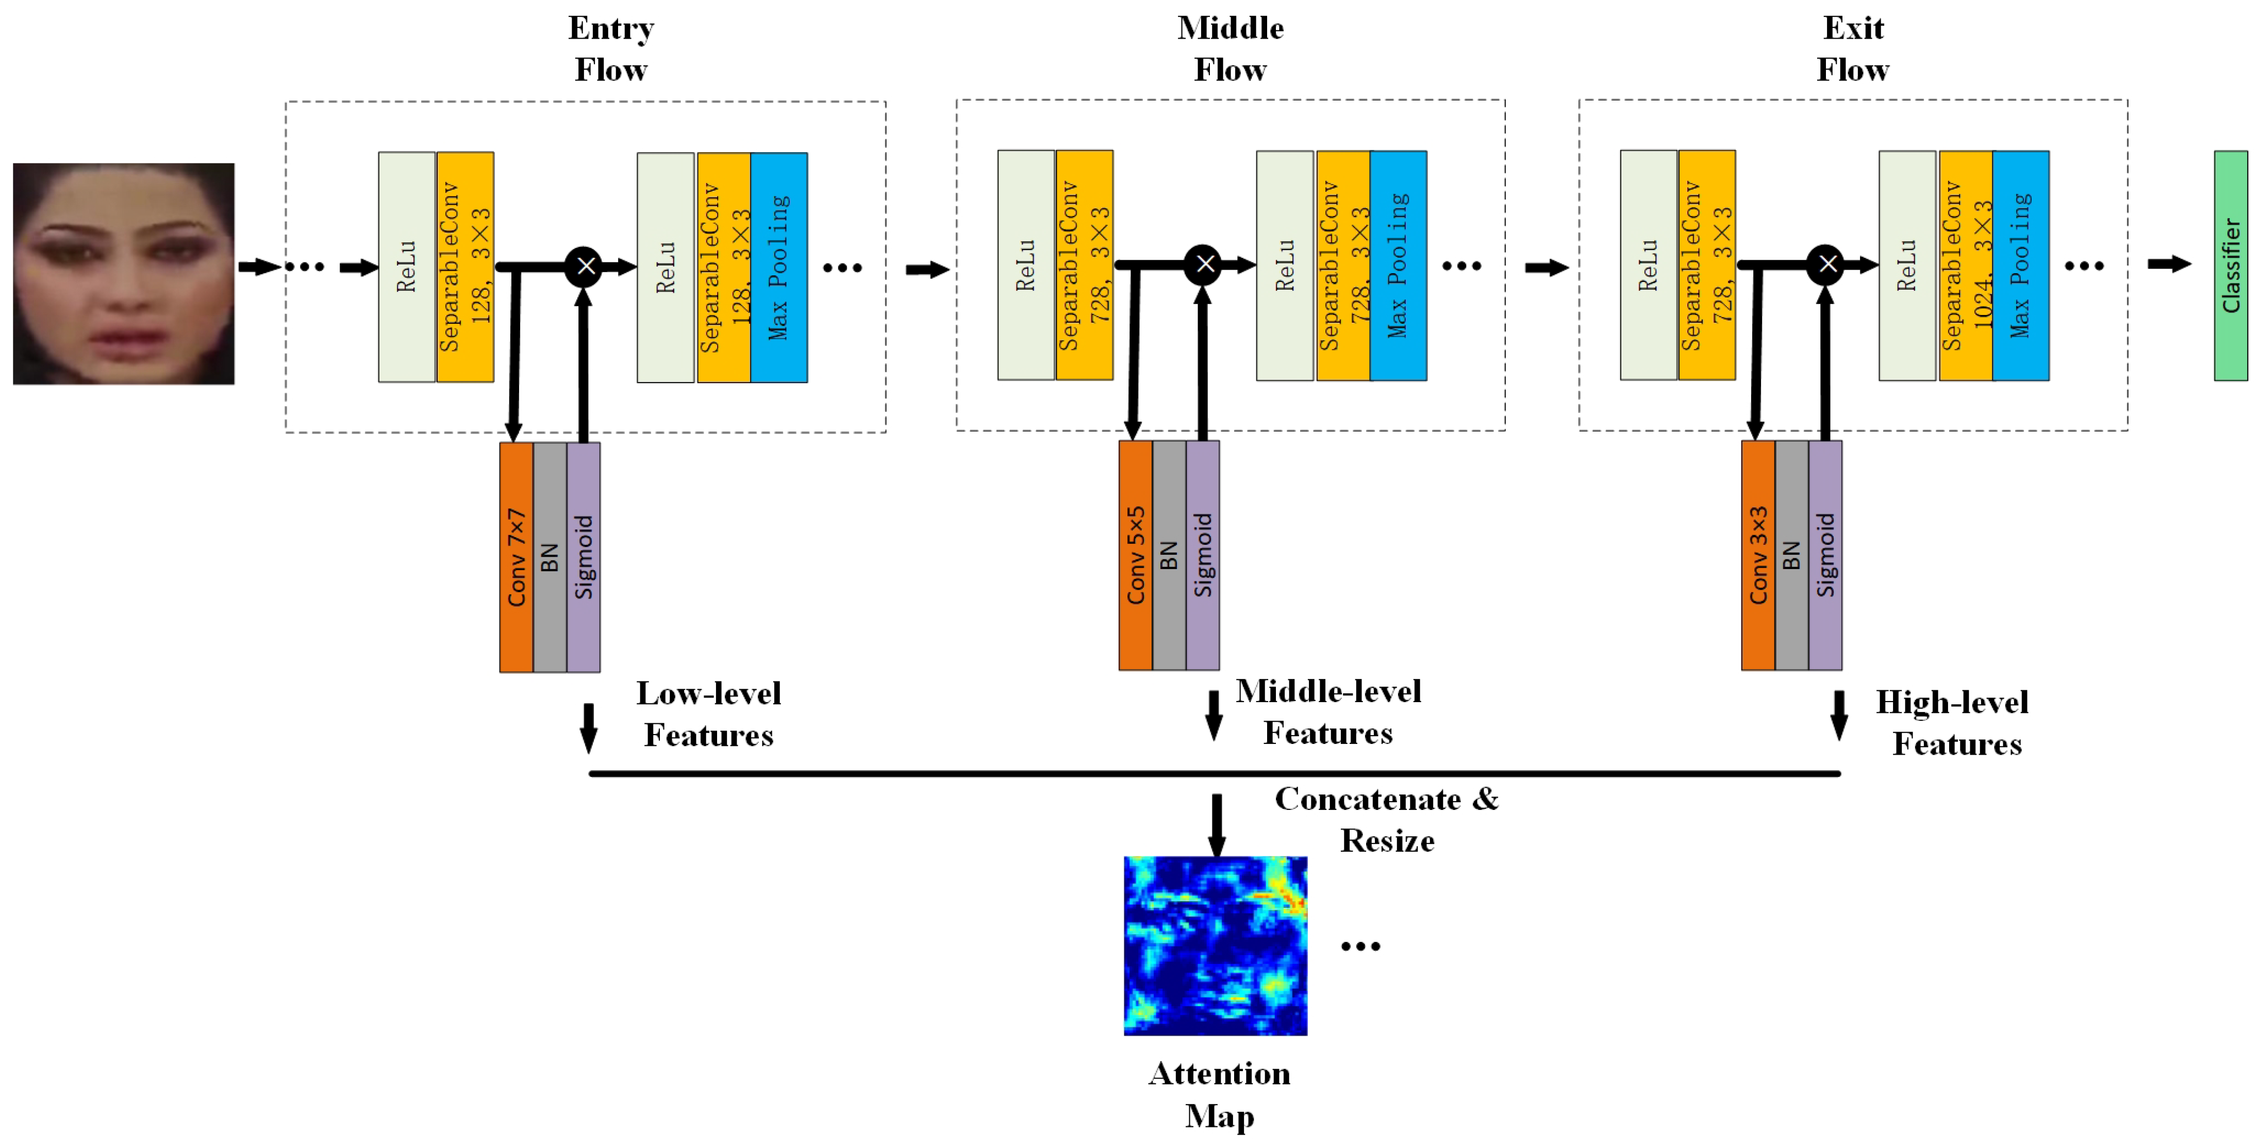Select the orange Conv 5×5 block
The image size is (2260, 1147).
coord(1135,555)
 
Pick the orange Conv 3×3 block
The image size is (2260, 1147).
coord(1758,555)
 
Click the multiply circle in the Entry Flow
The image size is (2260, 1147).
coord(584,266)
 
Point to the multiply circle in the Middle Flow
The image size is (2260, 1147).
coord(1204,264)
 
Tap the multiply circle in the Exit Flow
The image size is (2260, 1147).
coord(1826,264)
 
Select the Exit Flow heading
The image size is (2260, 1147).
coord(1853,48)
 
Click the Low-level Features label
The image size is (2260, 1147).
coord(709,713)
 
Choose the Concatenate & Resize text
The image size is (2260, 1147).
coord(1386,819)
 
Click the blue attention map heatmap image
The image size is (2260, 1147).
coord(1215,945)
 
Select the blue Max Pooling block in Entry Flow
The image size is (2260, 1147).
coord(779,267)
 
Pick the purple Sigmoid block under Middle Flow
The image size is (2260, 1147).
coord(1203,555)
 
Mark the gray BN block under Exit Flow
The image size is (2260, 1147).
coord(1791,555)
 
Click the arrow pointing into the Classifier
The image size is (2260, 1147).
coord(2169,264)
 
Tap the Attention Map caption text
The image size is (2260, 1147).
coord(1220,1094)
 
